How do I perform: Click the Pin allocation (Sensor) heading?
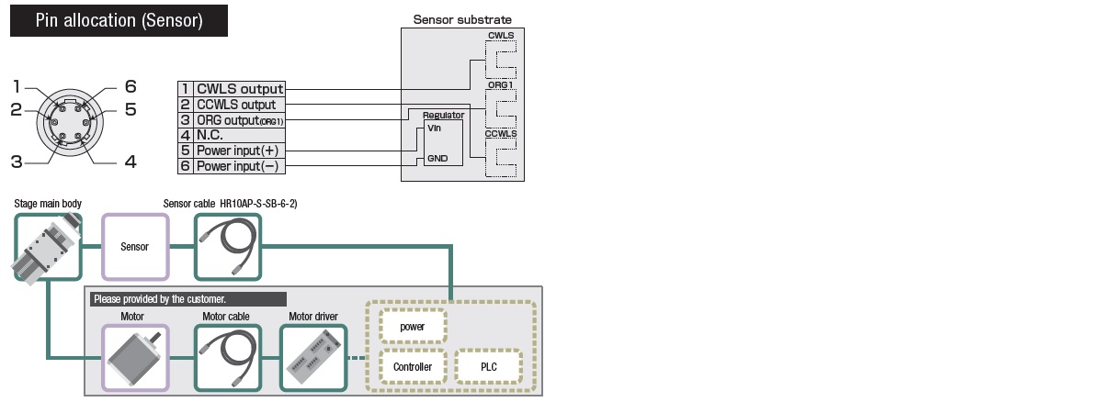[x=119, y=20]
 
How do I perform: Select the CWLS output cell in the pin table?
[x=240, y=89]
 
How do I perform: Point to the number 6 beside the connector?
[x=131, y=86]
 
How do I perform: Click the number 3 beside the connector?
[x=17, y=162]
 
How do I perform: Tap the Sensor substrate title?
[x=462, y=19]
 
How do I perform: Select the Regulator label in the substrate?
[x=443, y=116]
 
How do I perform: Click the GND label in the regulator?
[x=437, y=159]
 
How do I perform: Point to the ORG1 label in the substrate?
[x=501, y=84]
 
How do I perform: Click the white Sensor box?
[x=135, y=247]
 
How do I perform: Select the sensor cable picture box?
[x=227, y=247]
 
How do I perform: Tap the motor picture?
[x=135, y=357]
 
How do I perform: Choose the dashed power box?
[x=413, y=326]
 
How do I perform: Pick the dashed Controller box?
[x=413, y=366]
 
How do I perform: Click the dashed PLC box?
[x=488, y=366]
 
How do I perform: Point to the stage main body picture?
[x=42, y=247]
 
